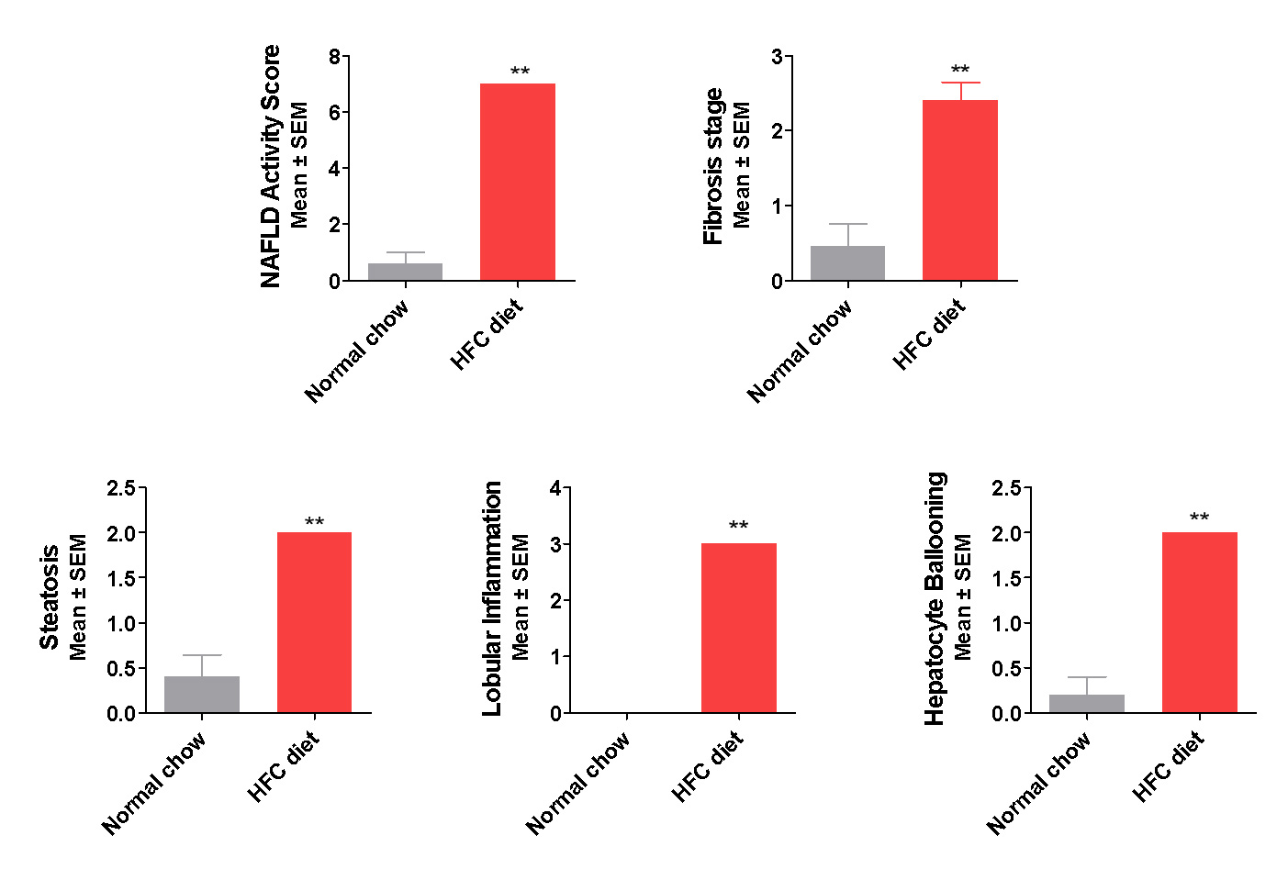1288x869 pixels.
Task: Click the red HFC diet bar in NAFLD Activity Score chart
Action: tap(518, 182)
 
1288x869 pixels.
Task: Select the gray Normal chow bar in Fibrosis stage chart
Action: tap(847, 263)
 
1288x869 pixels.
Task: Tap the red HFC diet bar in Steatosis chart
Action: tap(314, 622)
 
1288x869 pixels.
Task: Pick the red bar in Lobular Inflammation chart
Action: tap(739, 628)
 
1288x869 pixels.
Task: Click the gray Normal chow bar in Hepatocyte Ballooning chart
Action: tap(1087, 704)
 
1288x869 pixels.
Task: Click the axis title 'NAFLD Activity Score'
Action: tap(271, 166)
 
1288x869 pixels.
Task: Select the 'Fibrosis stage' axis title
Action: tap(713, 166)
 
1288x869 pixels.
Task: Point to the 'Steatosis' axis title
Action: tap(50, 597)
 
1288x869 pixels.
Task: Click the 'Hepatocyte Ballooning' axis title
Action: tap(935, 598)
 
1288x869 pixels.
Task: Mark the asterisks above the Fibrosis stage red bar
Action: tap(960, 70)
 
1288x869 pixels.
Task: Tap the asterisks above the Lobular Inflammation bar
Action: tap(739, 526)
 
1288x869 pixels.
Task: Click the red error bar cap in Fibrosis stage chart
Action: tap(960, 84)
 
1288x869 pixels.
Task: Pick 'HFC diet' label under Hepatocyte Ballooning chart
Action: tap(1168, 767)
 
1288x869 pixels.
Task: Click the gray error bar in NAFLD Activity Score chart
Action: tap(405, 254)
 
